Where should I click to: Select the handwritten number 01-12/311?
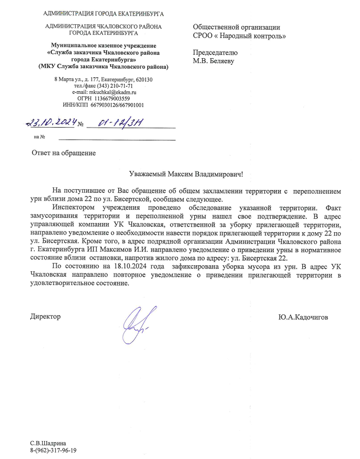115,122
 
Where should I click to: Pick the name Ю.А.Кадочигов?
303,317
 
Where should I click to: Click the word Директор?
45,317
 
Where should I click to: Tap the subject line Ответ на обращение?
63,153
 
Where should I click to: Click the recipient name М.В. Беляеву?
213,61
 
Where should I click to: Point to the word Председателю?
215,53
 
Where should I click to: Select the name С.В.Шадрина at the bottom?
48,443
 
